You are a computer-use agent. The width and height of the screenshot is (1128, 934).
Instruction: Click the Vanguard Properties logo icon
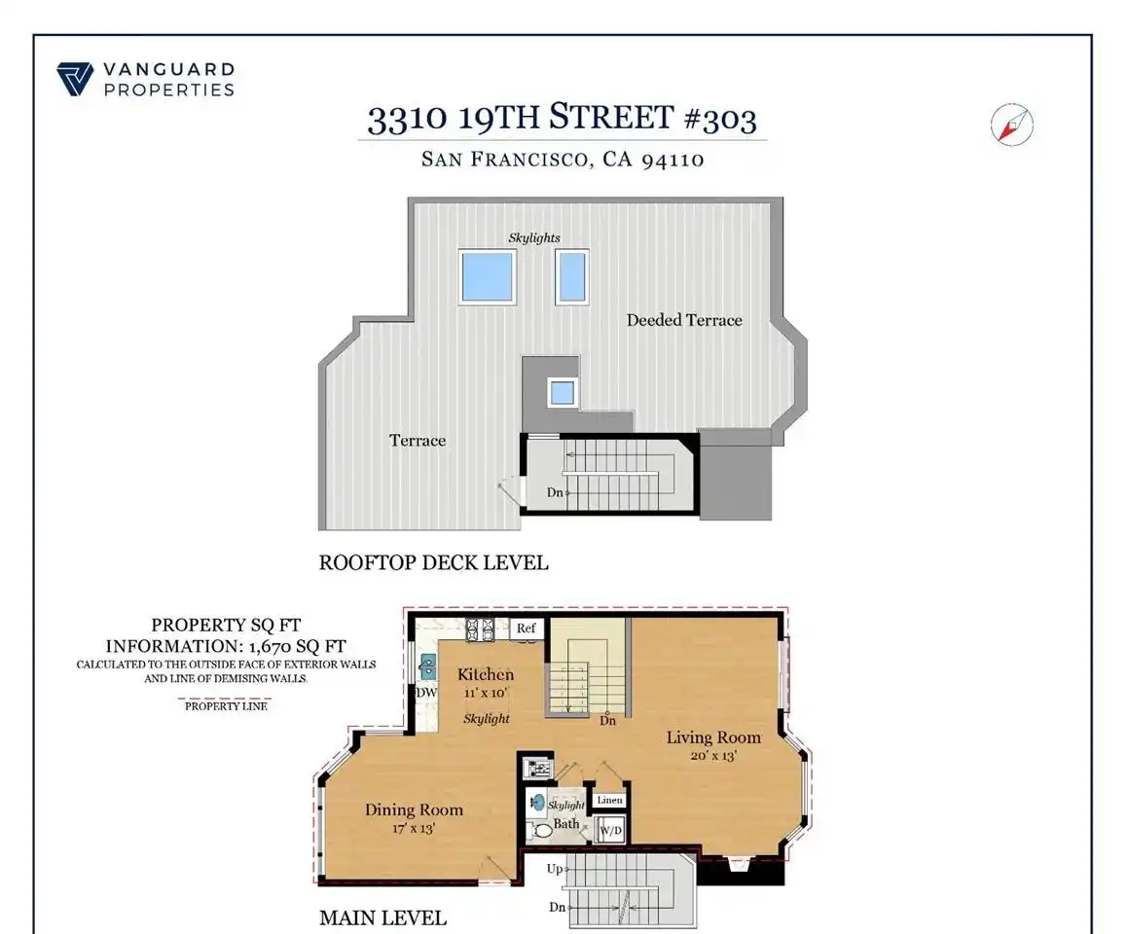(x=75, y=79)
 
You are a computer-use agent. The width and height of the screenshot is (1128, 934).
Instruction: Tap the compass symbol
(x=1011, y=125)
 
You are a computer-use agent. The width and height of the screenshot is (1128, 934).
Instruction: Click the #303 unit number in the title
(x=719, y=119)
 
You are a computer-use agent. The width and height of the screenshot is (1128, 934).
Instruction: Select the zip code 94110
(x=673, y=159)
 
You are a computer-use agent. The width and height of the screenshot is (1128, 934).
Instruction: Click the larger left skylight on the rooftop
(x=488, y=277)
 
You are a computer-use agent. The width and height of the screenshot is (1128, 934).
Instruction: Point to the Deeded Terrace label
(x=684, y=320)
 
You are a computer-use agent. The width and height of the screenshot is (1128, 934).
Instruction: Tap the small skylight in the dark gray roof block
(x=562, y=393)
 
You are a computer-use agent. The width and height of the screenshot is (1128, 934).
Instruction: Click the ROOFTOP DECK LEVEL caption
(x=434, y=562)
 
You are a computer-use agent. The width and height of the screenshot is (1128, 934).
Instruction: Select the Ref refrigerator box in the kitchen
(x=527, y=628)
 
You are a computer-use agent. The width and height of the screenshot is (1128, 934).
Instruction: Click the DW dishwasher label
(x=426, y=693)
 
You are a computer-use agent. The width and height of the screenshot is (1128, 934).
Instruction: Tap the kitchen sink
(x=428, y=667)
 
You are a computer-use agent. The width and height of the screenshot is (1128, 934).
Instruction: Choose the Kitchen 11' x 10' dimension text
(x=486, y=693)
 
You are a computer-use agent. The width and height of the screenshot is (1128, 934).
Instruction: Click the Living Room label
(x=713, y=737)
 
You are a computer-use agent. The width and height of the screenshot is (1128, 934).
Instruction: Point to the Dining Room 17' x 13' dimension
(x=414, y=828)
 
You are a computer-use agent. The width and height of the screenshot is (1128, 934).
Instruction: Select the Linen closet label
(x=610, y=800)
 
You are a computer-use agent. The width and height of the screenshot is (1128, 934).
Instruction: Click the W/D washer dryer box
(x=611, y=831)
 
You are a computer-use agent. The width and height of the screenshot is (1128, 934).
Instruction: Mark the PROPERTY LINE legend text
(x=226, y=706)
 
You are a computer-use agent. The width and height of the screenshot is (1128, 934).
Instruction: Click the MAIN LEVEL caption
(x=382, y=918)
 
